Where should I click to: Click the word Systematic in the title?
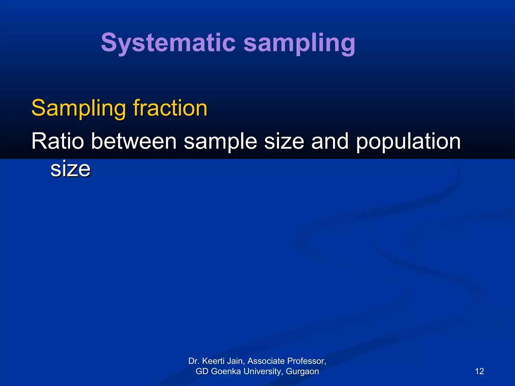click(168, 43)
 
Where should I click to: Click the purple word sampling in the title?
click(299, 43)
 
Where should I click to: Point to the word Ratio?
click(58, 141)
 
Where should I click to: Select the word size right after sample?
click(284, 141)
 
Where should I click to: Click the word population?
click(408, 142)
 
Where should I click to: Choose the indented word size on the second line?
click(70, 169)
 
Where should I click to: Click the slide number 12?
click(479, 371)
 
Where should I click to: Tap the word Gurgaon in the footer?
click(302, 371)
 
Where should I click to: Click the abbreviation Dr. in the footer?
click(194, 361)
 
